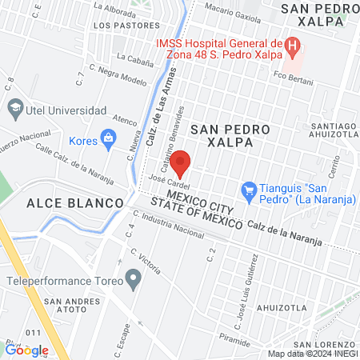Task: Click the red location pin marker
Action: (x=181, y=162)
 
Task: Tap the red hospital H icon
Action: (x=293, y=45)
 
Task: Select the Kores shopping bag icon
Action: (x=106, y=140)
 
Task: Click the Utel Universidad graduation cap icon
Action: (x=15, y=107)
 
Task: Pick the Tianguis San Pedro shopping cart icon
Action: (x=249, y=190)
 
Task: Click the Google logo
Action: (x=26, y=350)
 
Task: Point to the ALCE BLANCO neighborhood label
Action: (x=66, y=203)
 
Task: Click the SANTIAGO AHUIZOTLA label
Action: (x=329, y=130)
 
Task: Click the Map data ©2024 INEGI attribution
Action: (x=312, y=353)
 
